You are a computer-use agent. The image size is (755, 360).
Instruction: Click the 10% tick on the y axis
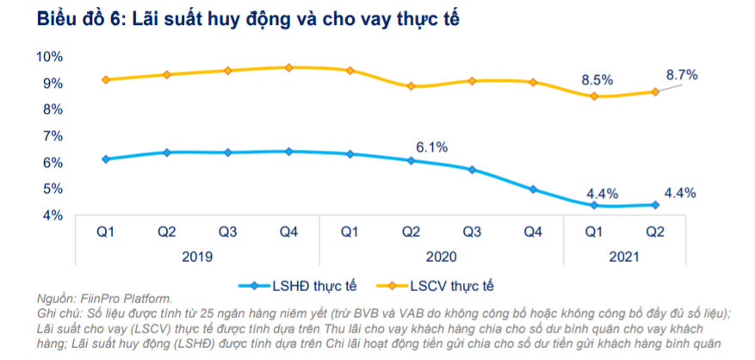point(50,57)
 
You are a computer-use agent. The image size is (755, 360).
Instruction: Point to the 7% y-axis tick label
point(52,136)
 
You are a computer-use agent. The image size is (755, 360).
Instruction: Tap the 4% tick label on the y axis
point(52,215)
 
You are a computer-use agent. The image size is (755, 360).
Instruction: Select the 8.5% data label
point(597,79)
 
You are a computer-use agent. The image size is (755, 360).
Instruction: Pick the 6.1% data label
point(432,147)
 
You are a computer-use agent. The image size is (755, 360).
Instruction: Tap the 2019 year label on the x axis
point(197,256)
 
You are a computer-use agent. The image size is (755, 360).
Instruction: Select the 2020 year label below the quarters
point(442,256)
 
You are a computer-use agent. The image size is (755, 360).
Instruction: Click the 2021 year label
point(625,256)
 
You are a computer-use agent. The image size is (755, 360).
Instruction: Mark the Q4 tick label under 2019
point(288,232)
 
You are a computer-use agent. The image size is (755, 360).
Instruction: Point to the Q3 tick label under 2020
point(472,232)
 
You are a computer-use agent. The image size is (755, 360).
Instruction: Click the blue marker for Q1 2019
point(106,158)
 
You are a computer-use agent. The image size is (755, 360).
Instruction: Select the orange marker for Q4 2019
point(289,67)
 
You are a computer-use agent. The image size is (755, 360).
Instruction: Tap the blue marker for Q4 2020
point(533,189)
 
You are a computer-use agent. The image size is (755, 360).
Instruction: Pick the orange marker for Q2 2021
point(655,91)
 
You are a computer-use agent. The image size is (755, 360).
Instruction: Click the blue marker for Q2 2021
point(655,204)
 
